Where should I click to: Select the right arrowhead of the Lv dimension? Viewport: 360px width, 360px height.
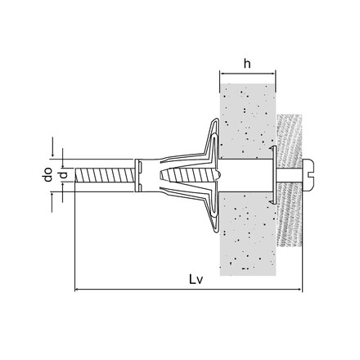click(300, 290)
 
